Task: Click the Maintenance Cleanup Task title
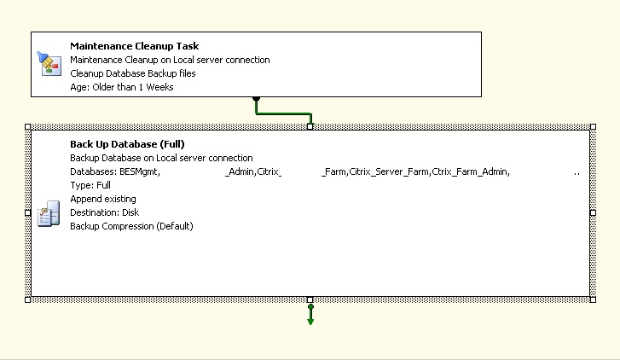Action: coord(135,46)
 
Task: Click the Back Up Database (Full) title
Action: coord(127,144)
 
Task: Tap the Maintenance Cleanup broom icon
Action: coord(49,63)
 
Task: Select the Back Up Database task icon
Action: coord(49,213)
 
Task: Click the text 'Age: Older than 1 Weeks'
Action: coord(122,87)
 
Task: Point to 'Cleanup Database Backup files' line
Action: coord(133,73)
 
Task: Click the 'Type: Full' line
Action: coord(90,185)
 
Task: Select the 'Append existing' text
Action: coord(103,199)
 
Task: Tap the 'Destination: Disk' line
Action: coord(104,212)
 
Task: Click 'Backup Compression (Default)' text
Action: coord(131,226)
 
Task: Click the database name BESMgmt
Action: coord(139,171)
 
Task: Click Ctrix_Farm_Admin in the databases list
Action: coord(469,171)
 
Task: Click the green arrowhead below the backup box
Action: coord(310,322)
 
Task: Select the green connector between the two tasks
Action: coord(283,114)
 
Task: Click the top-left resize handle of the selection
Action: coord(27,126)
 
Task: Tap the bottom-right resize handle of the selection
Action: coord(593,300)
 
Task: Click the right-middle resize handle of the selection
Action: coord(593,212)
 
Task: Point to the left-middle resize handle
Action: coord(27,212)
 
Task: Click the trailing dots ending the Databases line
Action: coord(577,174)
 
